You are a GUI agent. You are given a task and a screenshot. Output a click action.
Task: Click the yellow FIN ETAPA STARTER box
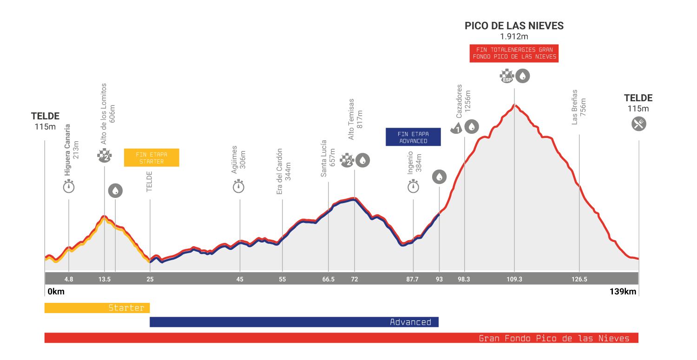pos(151,157)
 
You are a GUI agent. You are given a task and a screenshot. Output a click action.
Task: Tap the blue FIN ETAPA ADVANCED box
pos(413,137)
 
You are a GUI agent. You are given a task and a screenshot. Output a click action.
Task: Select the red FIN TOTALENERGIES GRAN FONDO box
pos(514,53)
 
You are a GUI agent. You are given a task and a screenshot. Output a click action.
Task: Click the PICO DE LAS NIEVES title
pos(514,26)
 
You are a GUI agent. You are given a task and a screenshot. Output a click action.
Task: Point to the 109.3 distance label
pos(514,279)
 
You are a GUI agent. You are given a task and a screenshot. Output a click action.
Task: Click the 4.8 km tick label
pos(69,279)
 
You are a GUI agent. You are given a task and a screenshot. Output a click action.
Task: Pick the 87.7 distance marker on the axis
pos(413,279)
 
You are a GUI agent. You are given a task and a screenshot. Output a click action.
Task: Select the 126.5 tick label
pos(579,279)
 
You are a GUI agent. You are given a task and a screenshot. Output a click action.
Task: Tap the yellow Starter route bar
pos(97,308)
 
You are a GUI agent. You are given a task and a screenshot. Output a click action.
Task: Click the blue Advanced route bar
pos(294,322)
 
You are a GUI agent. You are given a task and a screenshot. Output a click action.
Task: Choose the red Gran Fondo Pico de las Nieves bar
pos(341,338)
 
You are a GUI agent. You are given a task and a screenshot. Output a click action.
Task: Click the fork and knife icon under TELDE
pos(639,124)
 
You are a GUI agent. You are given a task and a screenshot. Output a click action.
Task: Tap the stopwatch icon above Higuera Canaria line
pos(69,187)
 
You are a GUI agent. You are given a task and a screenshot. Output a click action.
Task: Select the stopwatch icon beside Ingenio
pos(413,187)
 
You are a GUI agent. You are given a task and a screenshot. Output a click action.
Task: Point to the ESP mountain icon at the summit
pos(506,76)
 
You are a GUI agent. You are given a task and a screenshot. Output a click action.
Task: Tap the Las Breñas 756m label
pos(579,107)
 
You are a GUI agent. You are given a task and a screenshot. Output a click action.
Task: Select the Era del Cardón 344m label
pos(283,171)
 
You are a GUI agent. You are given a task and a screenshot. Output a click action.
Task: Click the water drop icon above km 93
pos(439,177)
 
